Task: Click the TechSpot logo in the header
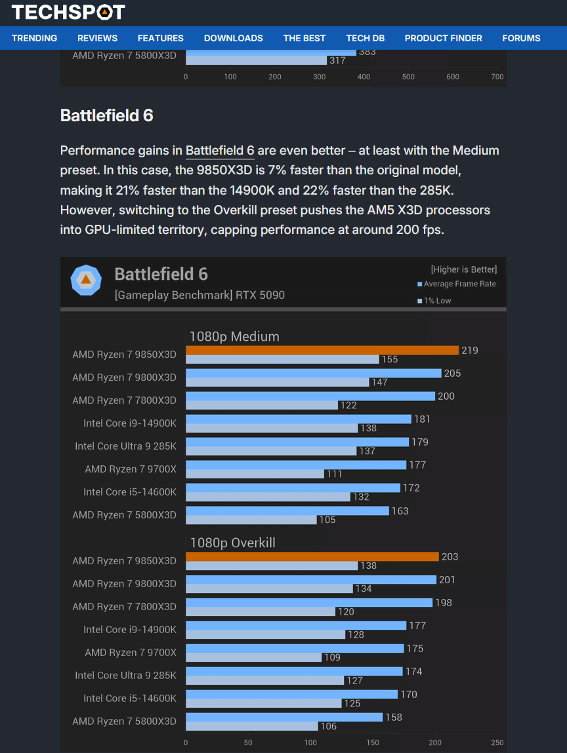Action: [68, 12]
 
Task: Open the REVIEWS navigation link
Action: [97, 38]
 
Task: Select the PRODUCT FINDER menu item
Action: [443, 38]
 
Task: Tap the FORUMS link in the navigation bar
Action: [521, 38]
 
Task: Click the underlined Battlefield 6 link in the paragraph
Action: [220, 151]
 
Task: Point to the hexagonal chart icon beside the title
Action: [86, 280]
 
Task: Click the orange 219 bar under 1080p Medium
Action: [322, 350]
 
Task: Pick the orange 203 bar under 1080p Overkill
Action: [312, 556]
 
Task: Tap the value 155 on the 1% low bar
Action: [390, 360]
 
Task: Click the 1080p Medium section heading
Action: [234, 336]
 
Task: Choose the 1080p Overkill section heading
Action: [232, 543]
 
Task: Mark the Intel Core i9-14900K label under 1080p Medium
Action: [130, 423]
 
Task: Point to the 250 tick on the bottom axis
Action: [497, 743]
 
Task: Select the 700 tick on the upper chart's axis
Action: [497, 77]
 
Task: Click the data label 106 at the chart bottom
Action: [328, 726]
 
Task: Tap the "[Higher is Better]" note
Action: [463, 269]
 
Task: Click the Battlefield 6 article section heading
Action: [106, 116]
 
